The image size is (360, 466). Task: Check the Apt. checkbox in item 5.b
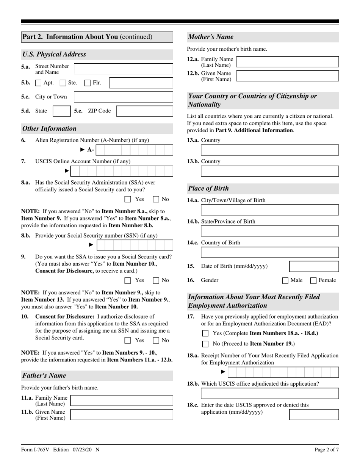click(38, 83)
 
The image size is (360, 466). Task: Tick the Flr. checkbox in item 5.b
click(88, 83)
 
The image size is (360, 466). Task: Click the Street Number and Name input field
click(123, 69)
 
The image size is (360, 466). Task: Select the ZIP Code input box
click(144, 111)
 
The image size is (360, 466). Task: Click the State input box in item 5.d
click(61, 111)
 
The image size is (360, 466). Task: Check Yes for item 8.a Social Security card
click(128, 199)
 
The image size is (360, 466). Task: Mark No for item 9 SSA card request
click(156, 280)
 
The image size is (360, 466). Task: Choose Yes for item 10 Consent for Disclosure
click(128, 340)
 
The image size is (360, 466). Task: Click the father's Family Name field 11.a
click(122, 400)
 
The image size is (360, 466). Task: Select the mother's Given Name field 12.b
click(287, 76)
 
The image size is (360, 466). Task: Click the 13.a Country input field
click(270, 150)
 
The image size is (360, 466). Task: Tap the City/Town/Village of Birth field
click(270, 210)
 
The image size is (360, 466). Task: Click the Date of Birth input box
click(314, 266)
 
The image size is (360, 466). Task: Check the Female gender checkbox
click(313, 281)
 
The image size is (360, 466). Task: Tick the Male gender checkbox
click(285, 281)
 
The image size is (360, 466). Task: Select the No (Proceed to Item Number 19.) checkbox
click(205, 344)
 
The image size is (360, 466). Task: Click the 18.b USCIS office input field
click(270, 393)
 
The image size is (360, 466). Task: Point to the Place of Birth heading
click(209, 188)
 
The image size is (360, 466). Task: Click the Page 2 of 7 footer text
click(327, 450)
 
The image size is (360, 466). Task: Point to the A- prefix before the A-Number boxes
click(90, 150)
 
